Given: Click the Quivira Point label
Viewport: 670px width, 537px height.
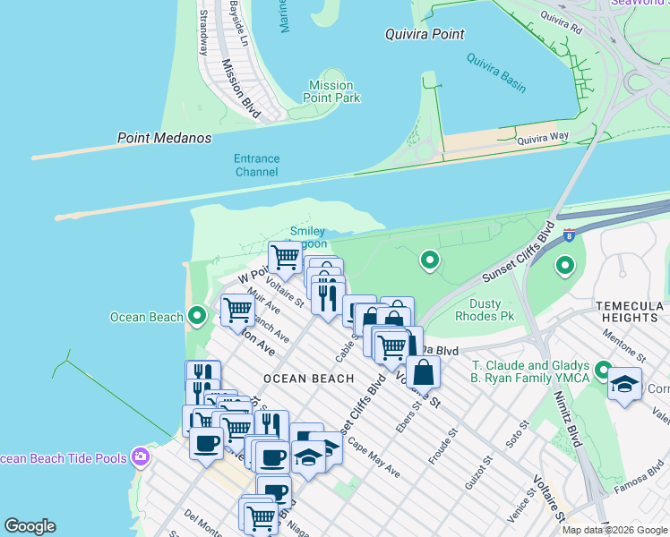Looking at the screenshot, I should click(425, 34).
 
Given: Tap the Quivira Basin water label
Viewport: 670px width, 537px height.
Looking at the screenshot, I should click(496, 72).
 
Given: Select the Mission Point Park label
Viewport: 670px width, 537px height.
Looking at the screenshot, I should click(331, 91).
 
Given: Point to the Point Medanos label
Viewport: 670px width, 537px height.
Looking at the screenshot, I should click(165, 138).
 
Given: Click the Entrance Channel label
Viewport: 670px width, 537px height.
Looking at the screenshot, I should click(256, 165).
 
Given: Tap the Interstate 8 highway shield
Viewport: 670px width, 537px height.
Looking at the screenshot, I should click(569, 234).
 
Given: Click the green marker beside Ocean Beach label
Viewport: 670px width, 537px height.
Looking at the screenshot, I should click(197, 316).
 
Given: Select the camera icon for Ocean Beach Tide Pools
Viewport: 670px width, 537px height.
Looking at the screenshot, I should click(140, 458).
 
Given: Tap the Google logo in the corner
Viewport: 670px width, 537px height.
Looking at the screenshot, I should click(30, 526).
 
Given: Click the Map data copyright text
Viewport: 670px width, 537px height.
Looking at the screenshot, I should click(614, 530).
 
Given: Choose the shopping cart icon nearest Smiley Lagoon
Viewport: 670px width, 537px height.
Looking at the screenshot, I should click(285, 256).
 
